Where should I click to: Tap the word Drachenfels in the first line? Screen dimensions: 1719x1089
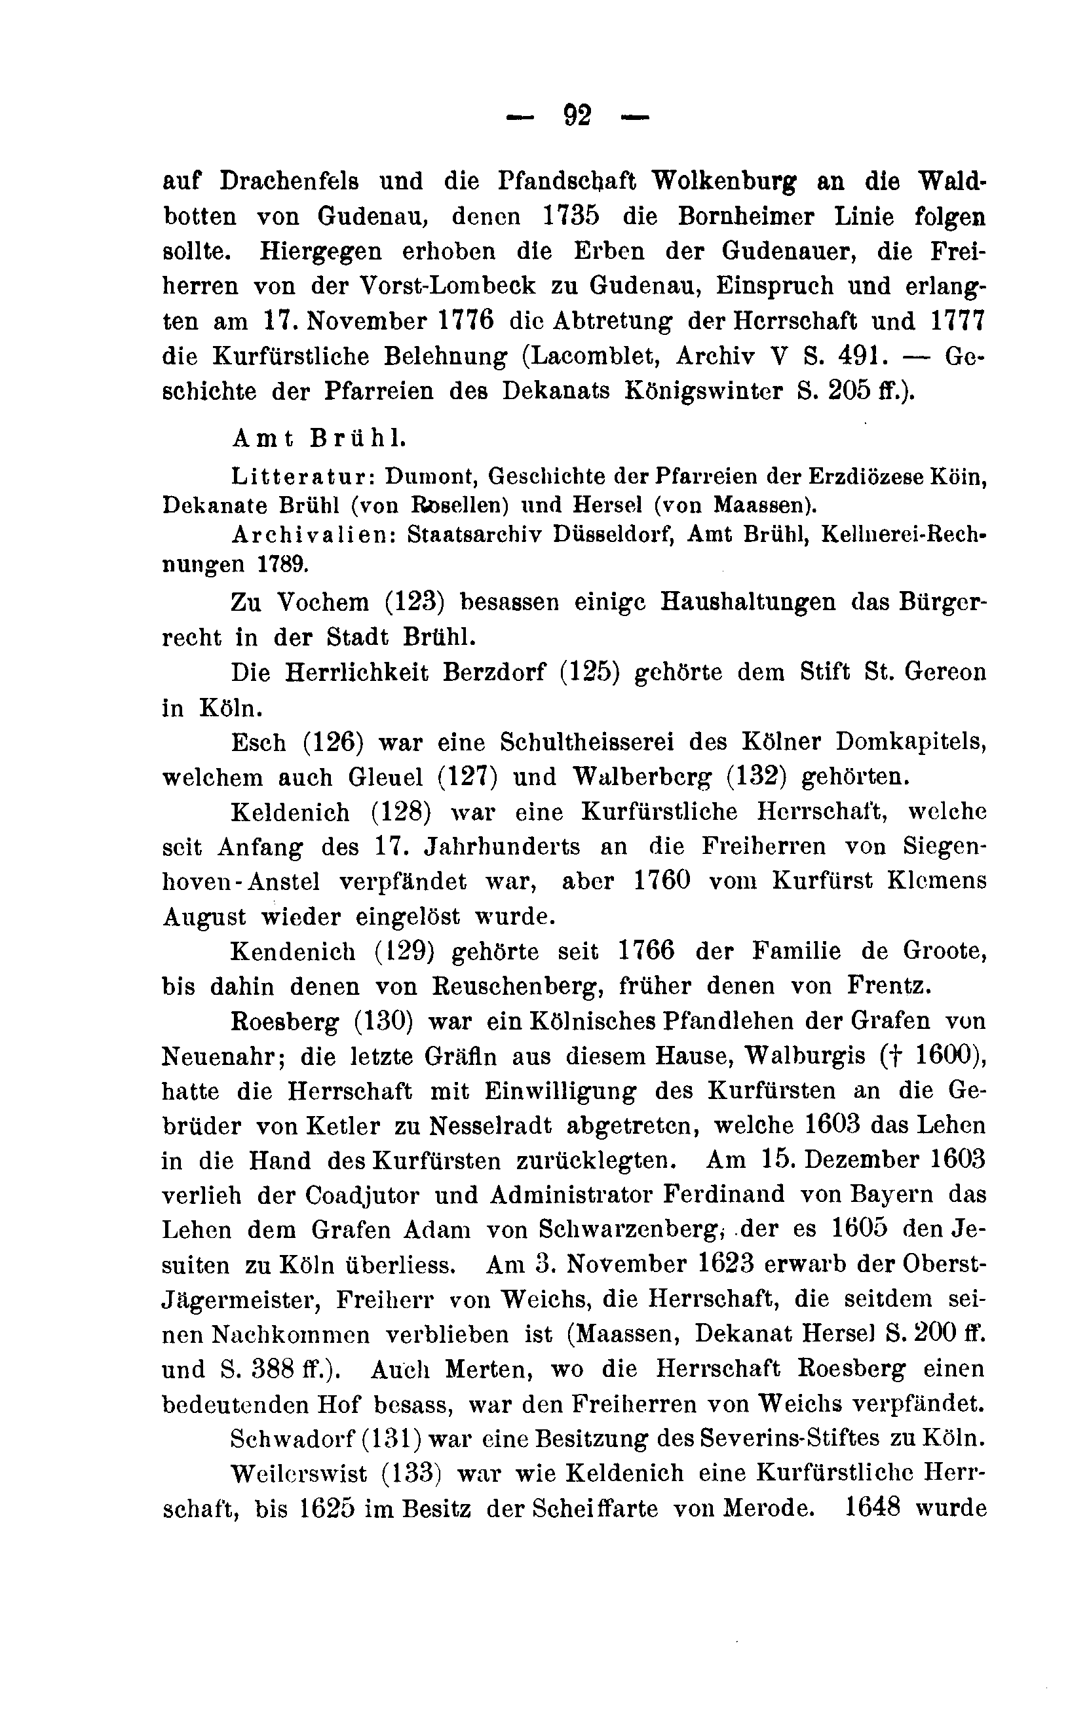289,182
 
